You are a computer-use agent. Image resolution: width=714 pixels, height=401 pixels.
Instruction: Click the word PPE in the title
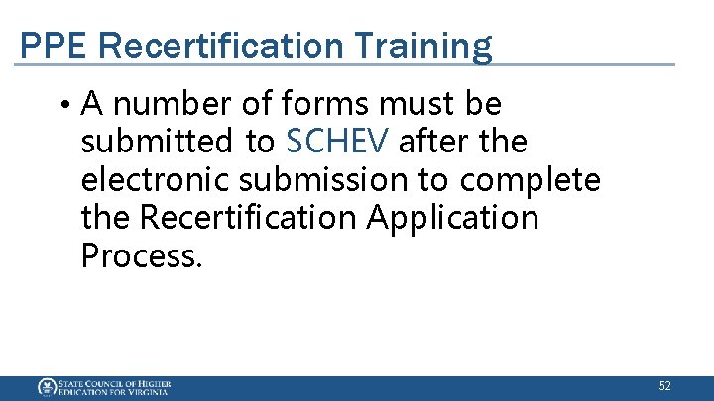49,46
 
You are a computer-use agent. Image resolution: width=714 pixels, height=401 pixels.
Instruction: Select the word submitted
159,142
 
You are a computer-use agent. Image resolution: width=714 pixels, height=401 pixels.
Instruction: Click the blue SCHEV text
332,142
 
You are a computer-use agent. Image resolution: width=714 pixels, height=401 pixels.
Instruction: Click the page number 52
664,386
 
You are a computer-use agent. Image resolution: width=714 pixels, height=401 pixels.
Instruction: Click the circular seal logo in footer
46,387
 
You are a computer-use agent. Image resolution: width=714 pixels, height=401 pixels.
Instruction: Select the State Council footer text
114,387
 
